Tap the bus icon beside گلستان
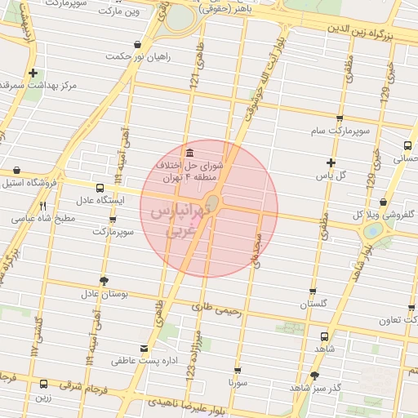point(313,291)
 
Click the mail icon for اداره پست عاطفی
point(145,348)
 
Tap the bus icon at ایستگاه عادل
point(100,187)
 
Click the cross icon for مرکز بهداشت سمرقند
point(32,73)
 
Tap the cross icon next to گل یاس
point(330,162)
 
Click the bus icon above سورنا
point(238,370)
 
